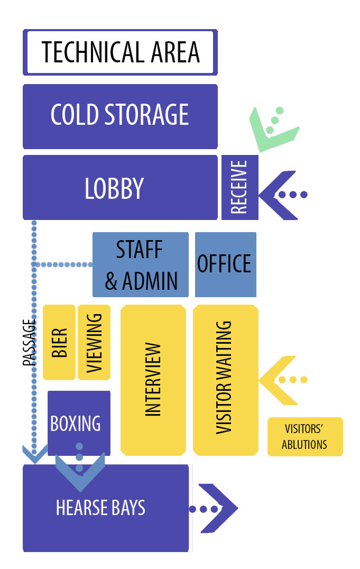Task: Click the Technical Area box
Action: tap(120, 52)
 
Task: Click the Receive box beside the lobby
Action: tap(239, 187)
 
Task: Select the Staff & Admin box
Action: tap(141, 264)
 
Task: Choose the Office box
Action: tap(225, 264)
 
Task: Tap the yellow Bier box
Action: tap(59, 342)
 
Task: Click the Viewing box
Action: tap(94, 342)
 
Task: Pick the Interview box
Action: tap(153, 379)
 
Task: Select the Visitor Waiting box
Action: tap(225, 379)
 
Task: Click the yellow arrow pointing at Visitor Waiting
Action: tap(276, 379)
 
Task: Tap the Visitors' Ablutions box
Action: tap(305, 437)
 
